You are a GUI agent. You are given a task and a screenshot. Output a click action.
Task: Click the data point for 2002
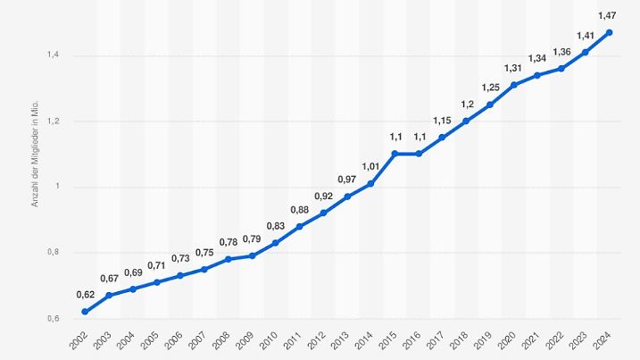pyautogui.click(x=85, y=312)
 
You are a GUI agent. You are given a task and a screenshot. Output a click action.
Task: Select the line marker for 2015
pyautogui.click(x=395, y=154)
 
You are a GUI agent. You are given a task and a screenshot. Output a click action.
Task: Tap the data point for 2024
pyautogui.click(x=609, y=32)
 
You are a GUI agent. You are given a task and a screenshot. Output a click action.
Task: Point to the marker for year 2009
pyautogui.click(x=252, y=255)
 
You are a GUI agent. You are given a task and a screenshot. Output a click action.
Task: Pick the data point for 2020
pyautogui.click(x=513, y=85)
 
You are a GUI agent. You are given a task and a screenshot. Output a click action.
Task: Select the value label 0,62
pyautogui.click(x=85, y=294)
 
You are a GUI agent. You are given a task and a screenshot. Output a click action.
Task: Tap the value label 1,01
pyautogui.click(x=370, y=165)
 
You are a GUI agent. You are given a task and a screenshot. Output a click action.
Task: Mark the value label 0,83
pyautogui.click(x=275, y=225)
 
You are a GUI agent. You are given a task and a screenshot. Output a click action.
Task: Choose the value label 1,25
pyautogui.click(x=490, y=87)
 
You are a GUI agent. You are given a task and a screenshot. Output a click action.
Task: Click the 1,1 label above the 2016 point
pyautogui.click(x=419, y=136)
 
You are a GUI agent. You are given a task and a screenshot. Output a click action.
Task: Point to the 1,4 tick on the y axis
pyautogui.click(x=54, y=55)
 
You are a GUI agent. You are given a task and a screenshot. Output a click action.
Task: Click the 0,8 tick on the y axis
pyautogui.click(x=54, y=253)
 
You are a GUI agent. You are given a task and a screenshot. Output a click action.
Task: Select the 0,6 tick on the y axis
pyautogui.click(x=54, y=319)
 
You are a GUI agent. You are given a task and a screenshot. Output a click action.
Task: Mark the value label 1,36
pyautogui.click(x=561, y=51)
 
